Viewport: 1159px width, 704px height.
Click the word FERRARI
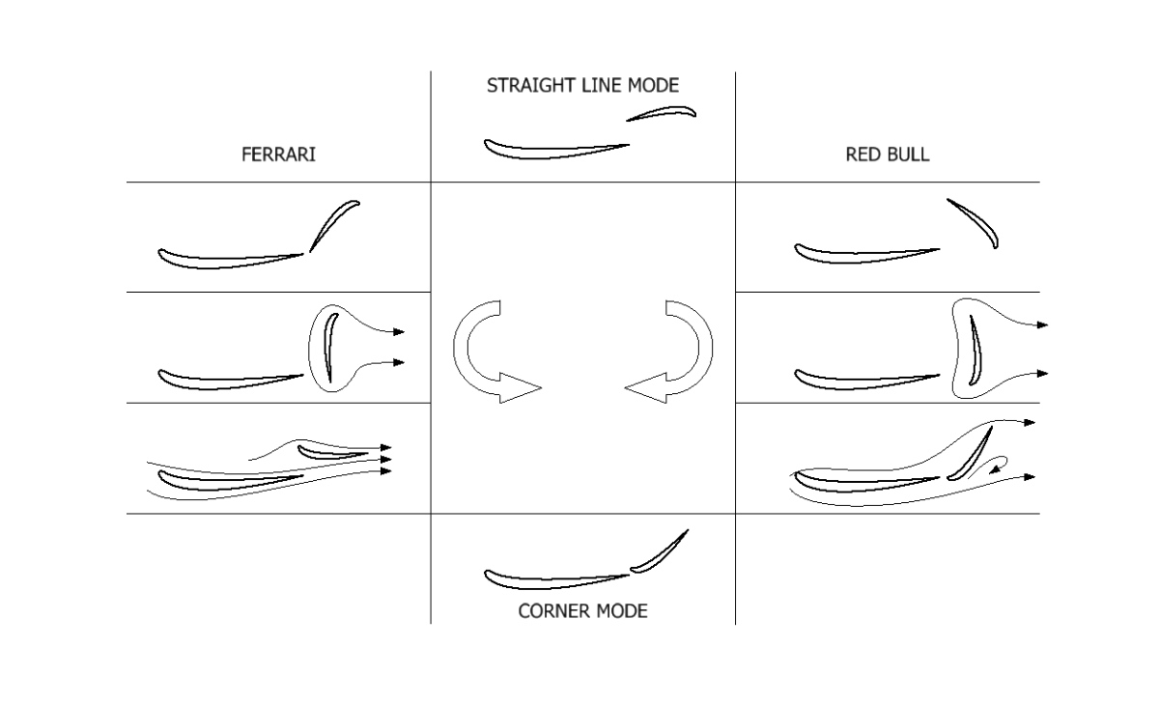pos(278,155)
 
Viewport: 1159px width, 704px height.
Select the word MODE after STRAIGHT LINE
pos(653,85)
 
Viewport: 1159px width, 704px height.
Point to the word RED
pos(862,155)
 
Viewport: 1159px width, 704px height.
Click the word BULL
pos(908,155)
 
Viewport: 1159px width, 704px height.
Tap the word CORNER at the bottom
pos(551,611)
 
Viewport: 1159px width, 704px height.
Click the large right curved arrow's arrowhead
pos(646,387)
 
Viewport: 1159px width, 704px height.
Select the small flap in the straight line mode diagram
pos(663,113)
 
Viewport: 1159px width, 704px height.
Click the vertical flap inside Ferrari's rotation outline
pos(329,347)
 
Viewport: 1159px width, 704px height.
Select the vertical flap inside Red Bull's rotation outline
pos(975,352)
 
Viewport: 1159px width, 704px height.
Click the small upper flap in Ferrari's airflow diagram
pos(332,454)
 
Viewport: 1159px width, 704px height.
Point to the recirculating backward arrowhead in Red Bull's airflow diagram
pos(994,469)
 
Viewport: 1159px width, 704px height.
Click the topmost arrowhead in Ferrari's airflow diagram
pos(386,447)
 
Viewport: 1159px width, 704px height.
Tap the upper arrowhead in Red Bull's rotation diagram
pos(1042,324)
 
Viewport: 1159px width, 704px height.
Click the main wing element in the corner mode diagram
pos(556,580)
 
